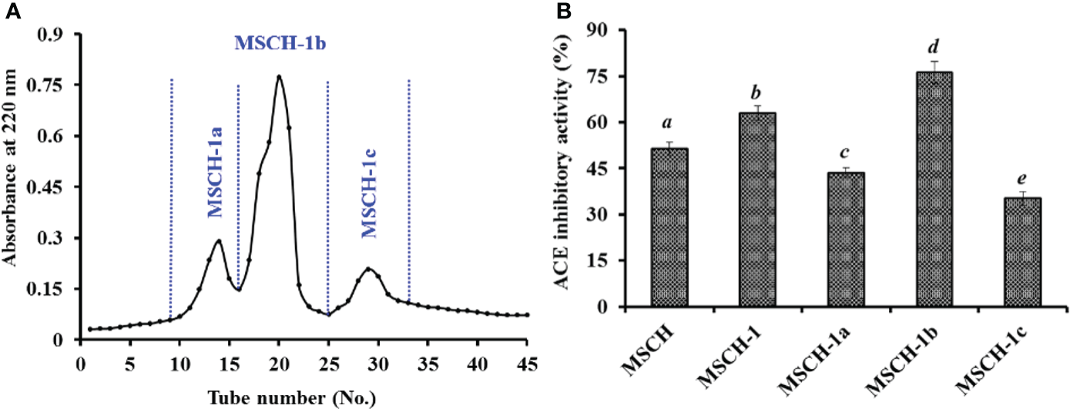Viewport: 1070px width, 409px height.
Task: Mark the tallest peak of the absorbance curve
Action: [279, 76]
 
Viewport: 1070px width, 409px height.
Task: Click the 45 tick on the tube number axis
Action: [527, 361]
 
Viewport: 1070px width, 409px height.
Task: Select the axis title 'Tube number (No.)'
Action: [302, 398]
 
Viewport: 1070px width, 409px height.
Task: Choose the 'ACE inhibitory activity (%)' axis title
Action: [567, 168]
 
